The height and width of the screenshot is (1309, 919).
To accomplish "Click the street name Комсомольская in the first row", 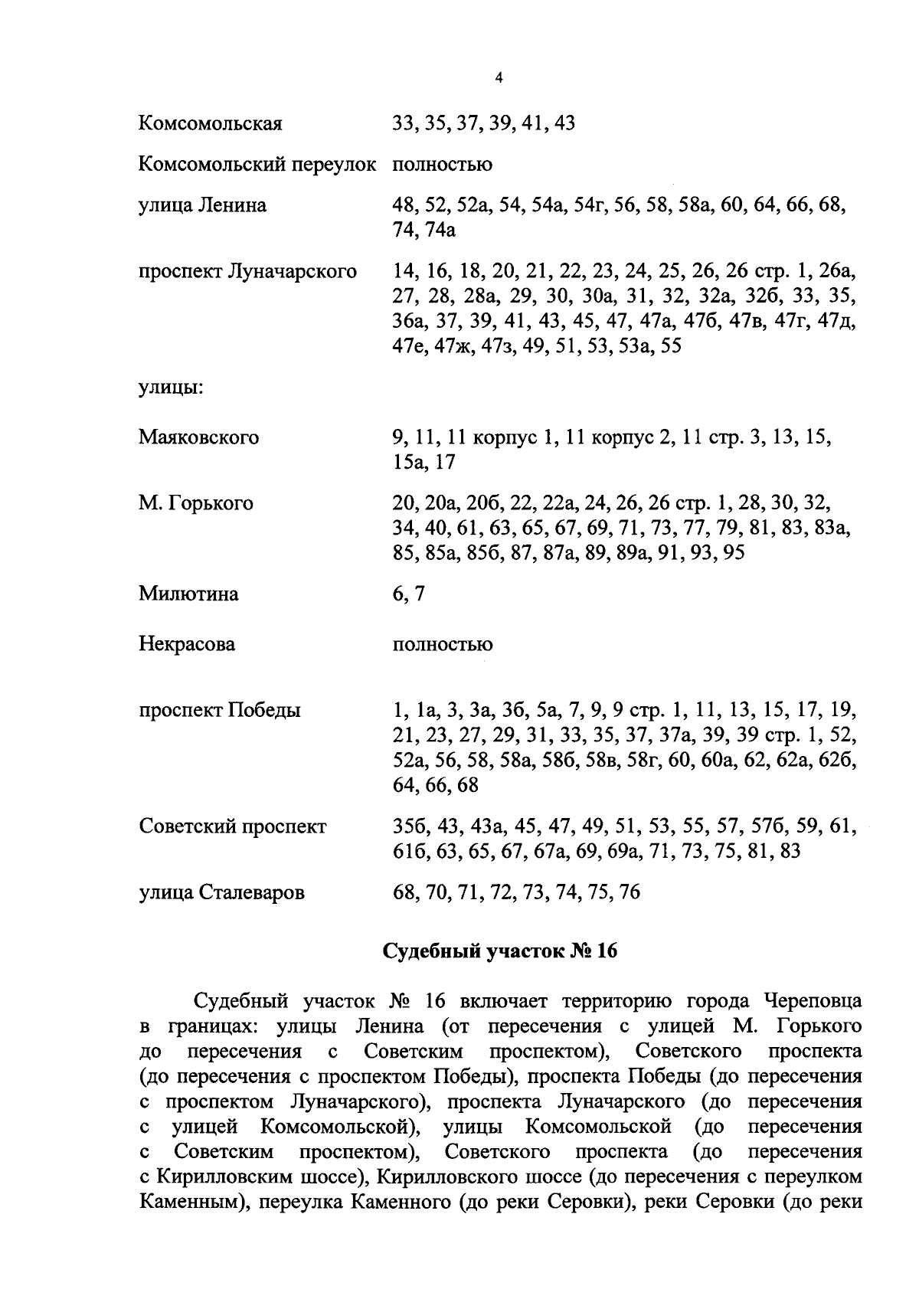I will click(x=210, y=123).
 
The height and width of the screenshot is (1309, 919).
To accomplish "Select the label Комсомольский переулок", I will click(x=257, y=165).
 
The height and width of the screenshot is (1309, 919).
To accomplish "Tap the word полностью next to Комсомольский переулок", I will click(x=442, y=165).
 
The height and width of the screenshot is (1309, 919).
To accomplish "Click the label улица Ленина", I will click(x=202, y=205).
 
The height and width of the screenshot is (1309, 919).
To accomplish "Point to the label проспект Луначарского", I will click(x=247, y=271).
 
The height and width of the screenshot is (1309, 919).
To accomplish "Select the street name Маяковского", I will click(x=198, y=437).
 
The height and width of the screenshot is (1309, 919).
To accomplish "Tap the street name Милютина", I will click(x=188, y=594).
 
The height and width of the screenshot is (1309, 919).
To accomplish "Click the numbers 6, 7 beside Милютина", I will click(x=407, y=594).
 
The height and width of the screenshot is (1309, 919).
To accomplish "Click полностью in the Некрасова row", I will click(x=442, y=644).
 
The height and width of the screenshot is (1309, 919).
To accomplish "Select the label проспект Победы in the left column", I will click(x=220, y=710).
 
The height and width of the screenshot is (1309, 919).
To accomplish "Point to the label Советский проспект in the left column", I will click(x=232, y=826).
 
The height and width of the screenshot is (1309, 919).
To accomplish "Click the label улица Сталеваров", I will click(x=221, y=892).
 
